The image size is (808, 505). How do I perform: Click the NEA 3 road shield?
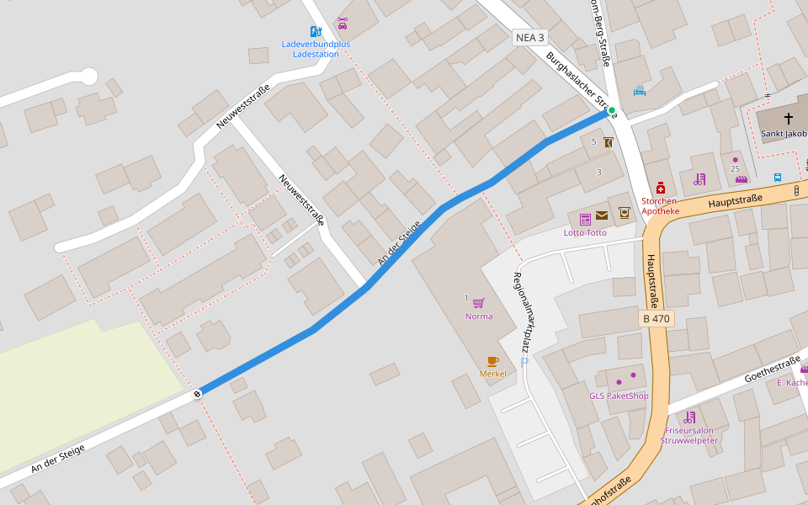[x=530, y=38]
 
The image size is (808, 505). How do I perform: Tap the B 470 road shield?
[x=656, y=319]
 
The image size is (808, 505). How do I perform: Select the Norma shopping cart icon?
[x=478, y=303]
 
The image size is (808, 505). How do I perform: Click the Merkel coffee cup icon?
[x=492, y=361]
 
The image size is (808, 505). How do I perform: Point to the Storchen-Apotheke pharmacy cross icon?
[x=661, y=188]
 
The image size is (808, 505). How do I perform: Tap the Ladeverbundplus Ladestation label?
[x=316, y=49]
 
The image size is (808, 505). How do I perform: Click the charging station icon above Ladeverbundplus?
[x=315, y=32]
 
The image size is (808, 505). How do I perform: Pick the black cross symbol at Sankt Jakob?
[x=789, y=119]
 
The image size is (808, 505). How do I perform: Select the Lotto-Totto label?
[x=585, y=232]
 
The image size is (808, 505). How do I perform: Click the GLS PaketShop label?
[x=619, y=396]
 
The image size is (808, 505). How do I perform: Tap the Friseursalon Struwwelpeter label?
[x=689, y=435]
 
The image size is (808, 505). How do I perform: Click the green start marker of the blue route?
[x=612, y=110]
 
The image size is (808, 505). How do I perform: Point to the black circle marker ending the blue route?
[x=197, y=393]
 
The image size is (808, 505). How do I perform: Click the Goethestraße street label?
[x=772, y=369]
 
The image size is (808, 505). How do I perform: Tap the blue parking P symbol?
[x=524, y=362]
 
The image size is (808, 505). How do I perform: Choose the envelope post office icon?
[x=602, y=215]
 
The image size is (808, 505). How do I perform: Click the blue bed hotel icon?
[x=639, y=91]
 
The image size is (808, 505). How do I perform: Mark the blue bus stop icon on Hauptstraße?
[x=778, y=178]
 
